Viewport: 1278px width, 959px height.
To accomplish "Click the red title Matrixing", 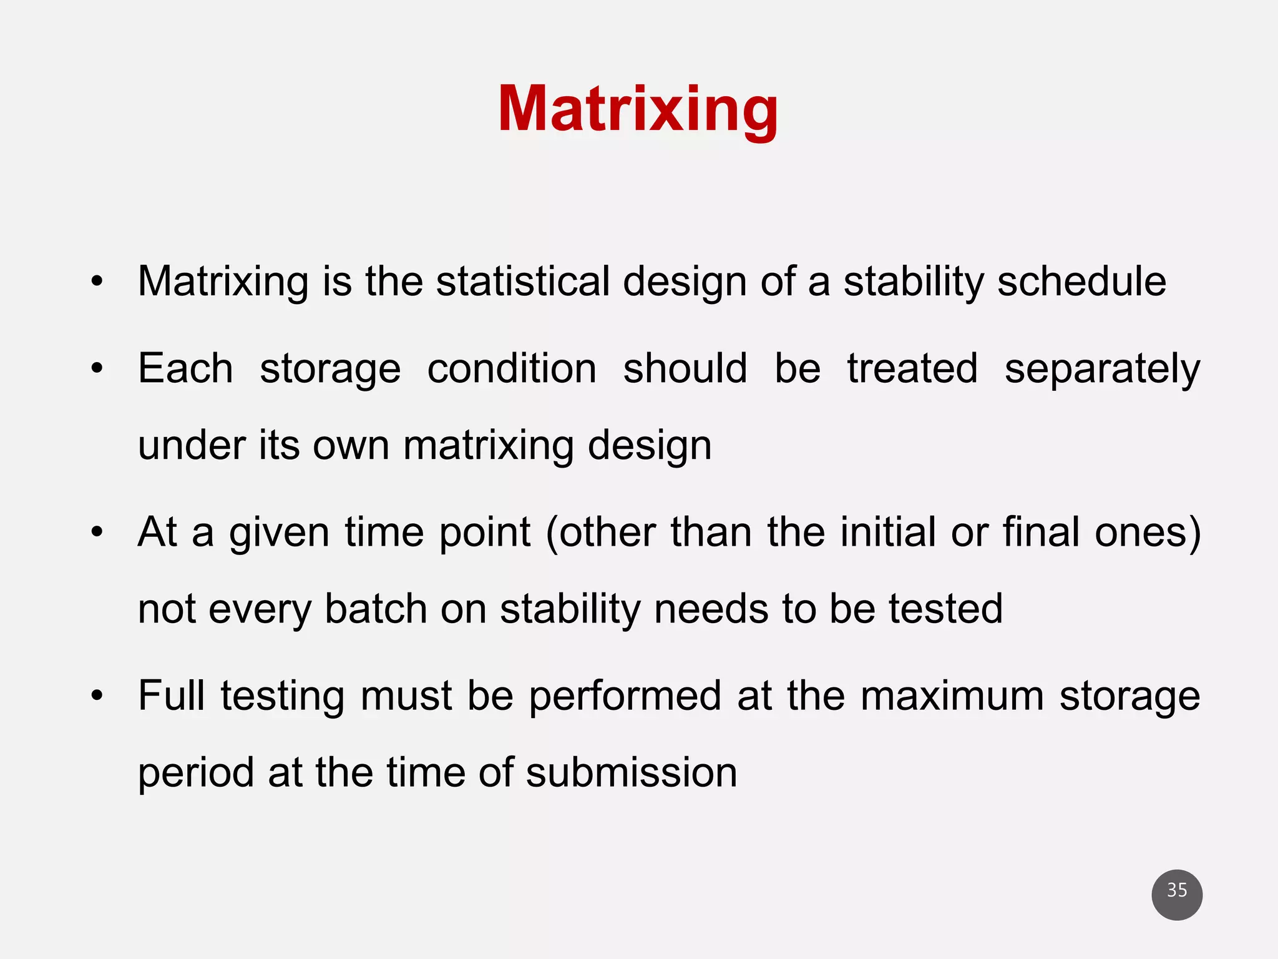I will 638,110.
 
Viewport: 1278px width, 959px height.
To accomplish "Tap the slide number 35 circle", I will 1177,894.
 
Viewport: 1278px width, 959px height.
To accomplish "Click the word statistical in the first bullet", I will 523,281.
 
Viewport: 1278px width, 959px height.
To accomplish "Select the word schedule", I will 1081,281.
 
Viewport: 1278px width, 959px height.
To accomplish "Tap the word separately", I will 1102,369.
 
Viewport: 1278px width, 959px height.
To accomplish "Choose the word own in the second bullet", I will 351,445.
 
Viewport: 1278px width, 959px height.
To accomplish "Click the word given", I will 279,533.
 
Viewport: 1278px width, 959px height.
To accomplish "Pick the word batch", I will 376,609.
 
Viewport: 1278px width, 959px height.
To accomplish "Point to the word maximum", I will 952,696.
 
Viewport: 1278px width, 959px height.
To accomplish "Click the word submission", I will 632,772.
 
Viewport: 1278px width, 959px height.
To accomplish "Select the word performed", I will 625,696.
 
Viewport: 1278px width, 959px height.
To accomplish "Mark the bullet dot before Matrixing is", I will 96,282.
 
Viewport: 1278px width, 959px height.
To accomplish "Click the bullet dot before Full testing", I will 96,696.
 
